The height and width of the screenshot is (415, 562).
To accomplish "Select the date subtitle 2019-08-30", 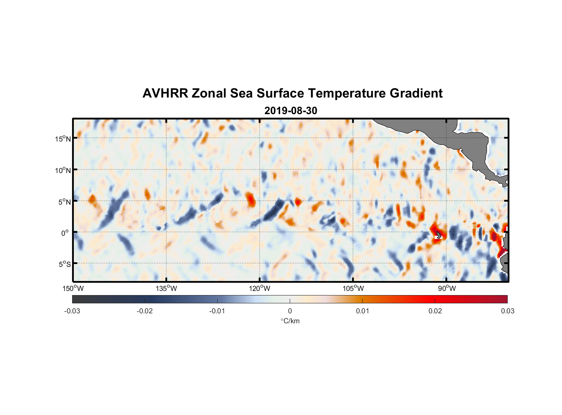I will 291,111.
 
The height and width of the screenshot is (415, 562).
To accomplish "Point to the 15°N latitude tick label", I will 63,139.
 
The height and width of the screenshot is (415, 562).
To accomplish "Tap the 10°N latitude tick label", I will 63,170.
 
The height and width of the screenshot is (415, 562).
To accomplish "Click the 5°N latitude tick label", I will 64,202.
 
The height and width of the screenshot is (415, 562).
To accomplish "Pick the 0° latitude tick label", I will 65,233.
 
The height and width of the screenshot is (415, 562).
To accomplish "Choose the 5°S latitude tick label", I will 64,264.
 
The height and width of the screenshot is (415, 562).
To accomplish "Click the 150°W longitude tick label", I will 73,288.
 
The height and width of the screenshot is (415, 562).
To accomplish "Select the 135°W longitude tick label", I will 167,288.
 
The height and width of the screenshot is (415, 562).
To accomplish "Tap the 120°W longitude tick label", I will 260,288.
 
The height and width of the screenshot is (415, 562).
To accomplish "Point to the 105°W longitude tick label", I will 353,288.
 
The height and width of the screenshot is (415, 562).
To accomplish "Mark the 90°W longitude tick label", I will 447,288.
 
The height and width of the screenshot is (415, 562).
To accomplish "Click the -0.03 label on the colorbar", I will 72,311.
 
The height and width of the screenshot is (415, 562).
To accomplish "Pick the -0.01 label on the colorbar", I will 217,311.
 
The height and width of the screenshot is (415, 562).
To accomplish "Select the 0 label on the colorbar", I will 290,311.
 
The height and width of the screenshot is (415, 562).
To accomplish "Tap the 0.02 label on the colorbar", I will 435,311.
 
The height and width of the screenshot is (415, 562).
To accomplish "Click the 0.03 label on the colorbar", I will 507,311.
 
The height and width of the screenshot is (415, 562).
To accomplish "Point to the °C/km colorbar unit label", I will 290,321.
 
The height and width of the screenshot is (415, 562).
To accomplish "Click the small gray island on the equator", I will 438,235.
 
